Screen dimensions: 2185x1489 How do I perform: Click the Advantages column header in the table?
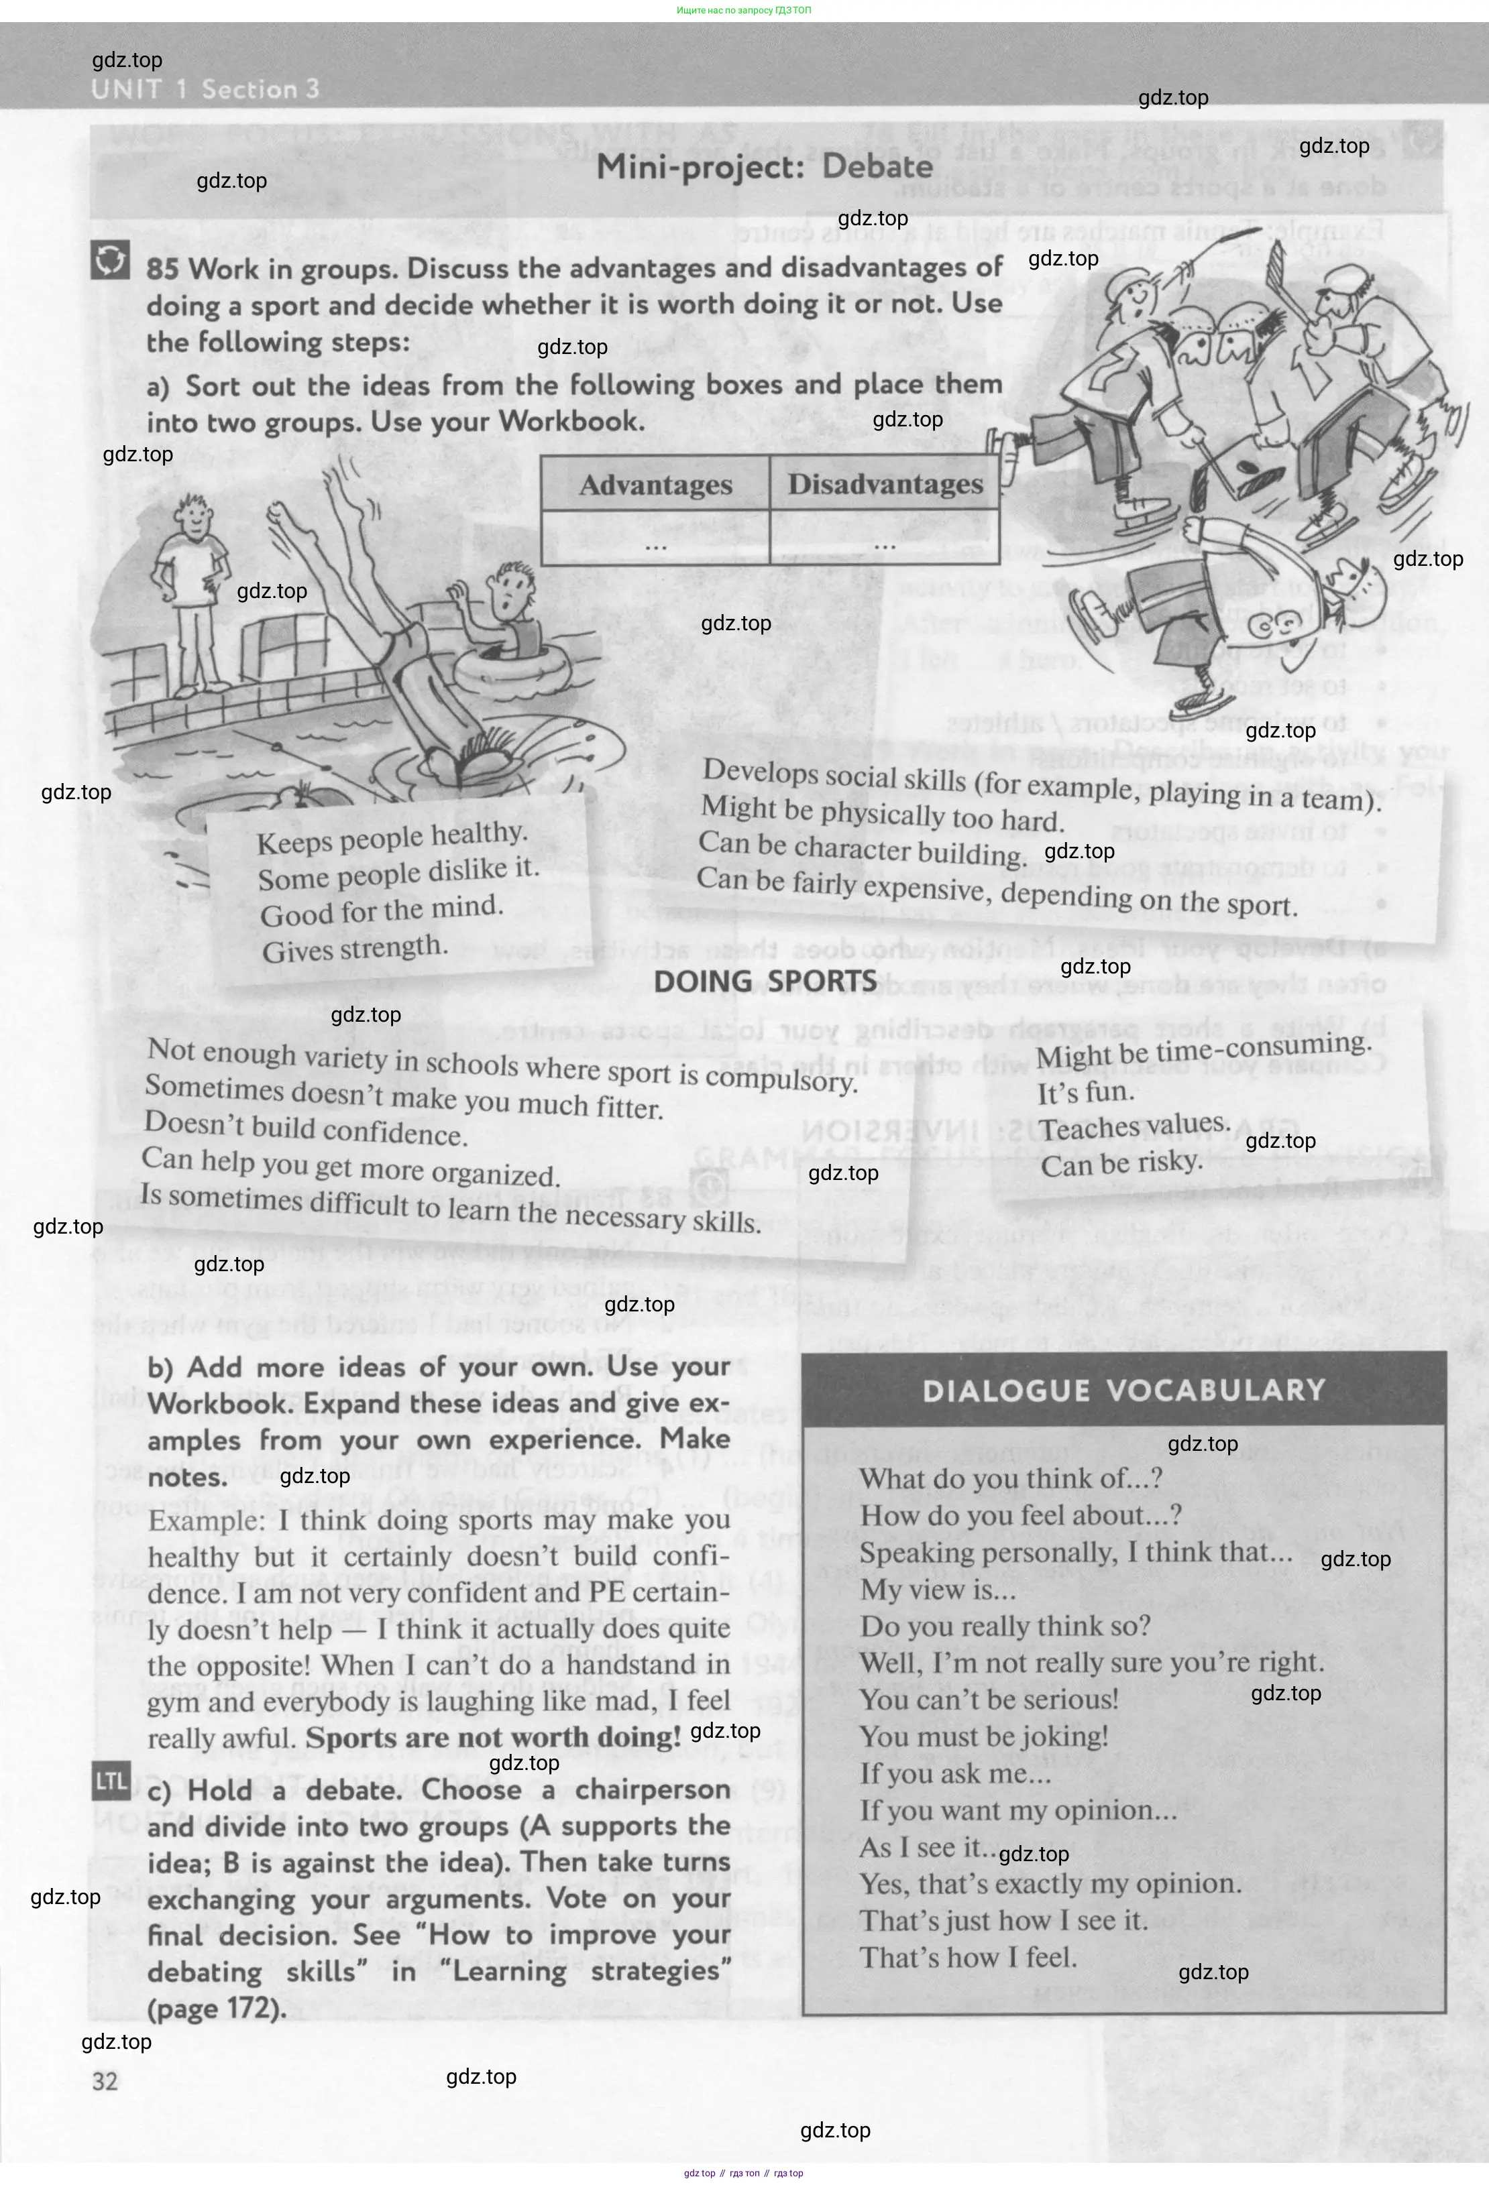click(x=655, y=485)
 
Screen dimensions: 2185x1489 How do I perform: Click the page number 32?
click(x=105, y=2080)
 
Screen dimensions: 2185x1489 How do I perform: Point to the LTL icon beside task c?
click(x=110, y=1781)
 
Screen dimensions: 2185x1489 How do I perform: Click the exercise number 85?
click(x=162, y=270)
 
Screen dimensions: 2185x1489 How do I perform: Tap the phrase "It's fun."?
click(x=1085, y=1093)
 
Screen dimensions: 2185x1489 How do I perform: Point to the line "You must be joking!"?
click(x=984, y=1736)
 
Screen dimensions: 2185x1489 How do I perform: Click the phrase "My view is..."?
click(x=938, y=1590)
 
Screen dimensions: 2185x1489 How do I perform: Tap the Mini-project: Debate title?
click(x=765, y=168)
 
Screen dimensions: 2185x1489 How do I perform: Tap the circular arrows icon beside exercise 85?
click(x=109, y=260)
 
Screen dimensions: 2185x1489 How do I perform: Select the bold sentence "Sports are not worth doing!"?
click(x=493, y=1737)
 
